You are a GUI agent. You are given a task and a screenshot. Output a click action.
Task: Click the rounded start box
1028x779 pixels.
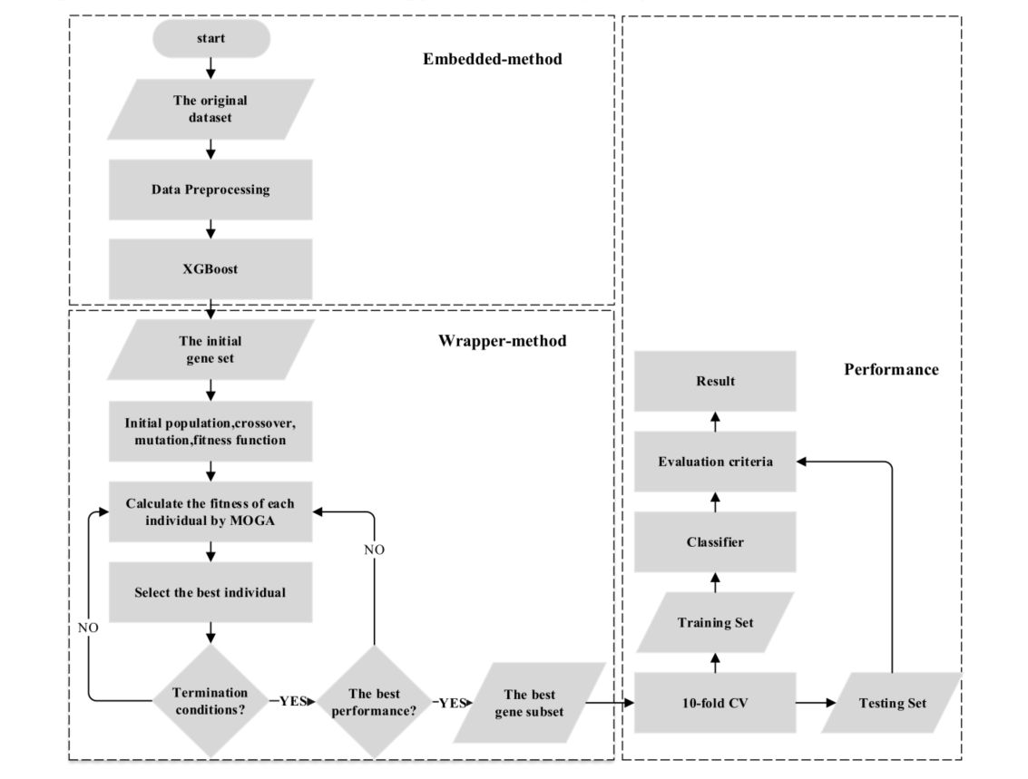(x=210, y=38)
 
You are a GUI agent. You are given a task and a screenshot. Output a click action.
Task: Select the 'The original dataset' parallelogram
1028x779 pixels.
(x=210, y=109)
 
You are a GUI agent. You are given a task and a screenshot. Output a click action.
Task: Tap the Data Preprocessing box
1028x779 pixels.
(x=210, y=190)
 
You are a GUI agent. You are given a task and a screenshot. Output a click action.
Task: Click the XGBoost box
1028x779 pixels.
(x=210, y=269)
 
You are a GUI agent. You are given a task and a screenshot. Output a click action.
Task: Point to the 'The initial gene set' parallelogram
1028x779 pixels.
(x=210, y=349)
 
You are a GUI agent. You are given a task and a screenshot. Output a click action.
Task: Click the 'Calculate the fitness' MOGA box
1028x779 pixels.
(x=210, y=511)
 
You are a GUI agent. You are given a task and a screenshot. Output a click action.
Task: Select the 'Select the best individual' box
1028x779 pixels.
(x=210, y=592)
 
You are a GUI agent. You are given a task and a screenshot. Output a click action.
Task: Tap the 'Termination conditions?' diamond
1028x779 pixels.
(x=210, y=701)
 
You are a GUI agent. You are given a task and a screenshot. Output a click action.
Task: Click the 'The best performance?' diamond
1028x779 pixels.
(x=374, y=701)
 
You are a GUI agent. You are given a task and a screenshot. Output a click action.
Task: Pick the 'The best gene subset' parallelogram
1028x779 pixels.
(x=529, y=703)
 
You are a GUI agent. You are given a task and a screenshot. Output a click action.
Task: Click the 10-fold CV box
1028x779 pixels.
(x=715, y=703)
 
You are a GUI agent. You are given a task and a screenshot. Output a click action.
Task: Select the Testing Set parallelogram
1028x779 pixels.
(x=892, y=703)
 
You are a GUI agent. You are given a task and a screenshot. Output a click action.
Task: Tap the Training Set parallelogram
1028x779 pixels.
(x=715, y=623)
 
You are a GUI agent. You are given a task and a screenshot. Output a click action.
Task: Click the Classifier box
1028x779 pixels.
(x=715, y=542)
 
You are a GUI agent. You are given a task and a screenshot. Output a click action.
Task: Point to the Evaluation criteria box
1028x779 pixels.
(x=715, y=462)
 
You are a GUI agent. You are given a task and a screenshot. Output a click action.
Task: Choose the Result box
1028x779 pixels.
(x=715, y=381)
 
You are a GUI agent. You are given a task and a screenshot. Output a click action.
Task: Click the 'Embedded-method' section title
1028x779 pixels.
(x=493, y=60)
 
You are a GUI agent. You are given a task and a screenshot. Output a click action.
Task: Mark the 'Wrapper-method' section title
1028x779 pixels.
(x=502, y=341)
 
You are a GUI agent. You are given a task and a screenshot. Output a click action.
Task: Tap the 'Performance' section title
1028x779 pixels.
(x=891, y=369)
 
